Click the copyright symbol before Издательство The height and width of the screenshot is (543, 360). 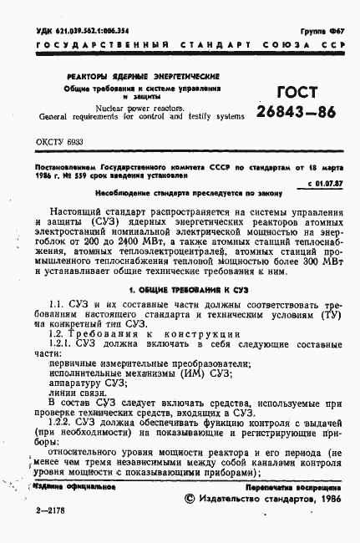click(188, 498)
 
